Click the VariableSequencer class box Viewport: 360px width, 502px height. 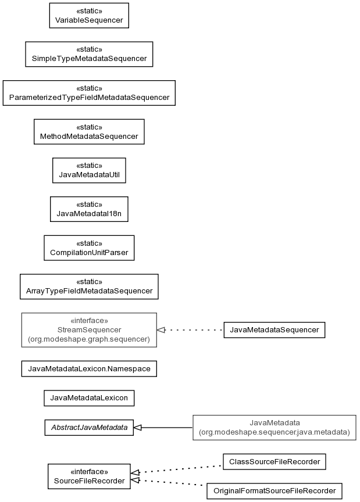pyautogui.click(x=89, y=16)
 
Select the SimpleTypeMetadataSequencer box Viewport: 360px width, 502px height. pyautogui.click(x=89, y=54)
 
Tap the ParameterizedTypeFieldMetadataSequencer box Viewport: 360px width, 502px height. pyautogui.click(x=89, y=93)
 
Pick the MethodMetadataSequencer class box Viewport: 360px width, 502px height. pyautogui.click(x=89, y=132)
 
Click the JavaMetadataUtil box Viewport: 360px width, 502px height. pyautogui.click(x=89, y=170)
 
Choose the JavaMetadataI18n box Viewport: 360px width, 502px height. pyautogui.click(x=89, y=209)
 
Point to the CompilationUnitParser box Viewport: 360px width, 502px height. pyautogui.click(x=89, y=248)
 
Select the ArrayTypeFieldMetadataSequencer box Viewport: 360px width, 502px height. pyautogui.click(x=89, y=286)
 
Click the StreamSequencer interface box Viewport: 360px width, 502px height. pyautogui.click(x=89, y=330)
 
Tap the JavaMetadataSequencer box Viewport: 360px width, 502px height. pyautogui.click(x=275, y=330)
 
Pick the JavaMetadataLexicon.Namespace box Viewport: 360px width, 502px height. pyautogui.click(x=89, y=369)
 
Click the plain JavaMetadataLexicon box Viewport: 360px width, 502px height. pyautogui.click(x=89, y=398)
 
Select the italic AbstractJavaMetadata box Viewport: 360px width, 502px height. pyautogui.click(x=89, y=428)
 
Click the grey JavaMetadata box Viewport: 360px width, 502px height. pyautogui.click(x=275, y=428)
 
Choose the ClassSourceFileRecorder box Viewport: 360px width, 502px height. pyautogui.click(x=275, y=462)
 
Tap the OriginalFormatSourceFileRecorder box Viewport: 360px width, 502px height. pyautogui.click(x=275, y=491)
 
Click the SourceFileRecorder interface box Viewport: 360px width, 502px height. pyautogui.click(x=89, y=476)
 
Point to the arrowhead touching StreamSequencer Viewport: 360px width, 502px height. pyautogui.click(x=161, y=330)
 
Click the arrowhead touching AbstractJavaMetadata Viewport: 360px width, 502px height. pyautogui.click(x=138, y=428)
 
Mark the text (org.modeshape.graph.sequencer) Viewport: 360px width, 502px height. pyautogui.click(x=89, y=339)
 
